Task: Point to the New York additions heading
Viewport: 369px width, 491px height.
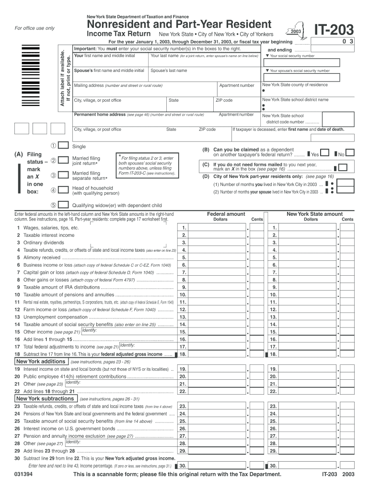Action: pos(41,362)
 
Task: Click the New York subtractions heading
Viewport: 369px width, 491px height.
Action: pos(45,398)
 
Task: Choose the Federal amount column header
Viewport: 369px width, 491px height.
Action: pos(226,214)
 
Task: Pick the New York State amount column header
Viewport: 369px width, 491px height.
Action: pos(314,214)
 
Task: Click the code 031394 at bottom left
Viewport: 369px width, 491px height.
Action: pos(23,474)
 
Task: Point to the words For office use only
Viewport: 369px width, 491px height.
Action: pos(35,28)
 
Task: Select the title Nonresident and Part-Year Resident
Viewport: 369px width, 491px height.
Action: pos(179,24)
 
